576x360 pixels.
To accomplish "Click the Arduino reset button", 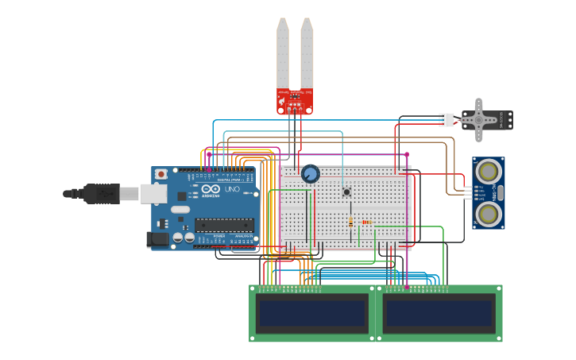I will (x=161, y=173).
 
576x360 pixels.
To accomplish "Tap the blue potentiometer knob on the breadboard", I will (x=310, y=173).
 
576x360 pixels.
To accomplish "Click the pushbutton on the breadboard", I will (x=346, y=192).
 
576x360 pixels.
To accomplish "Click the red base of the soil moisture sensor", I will (x=294, y=102).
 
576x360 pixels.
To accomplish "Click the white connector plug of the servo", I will (x=447, y=120).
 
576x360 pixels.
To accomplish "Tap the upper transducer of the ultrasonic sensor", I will (x=488, y=169).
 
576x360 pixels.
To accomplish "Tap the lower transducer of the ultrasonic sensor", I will (x=488, y=212).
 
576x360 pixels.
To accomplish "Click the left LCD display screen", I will (x=311, y=313).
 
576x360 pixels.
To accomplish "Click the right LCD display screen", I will (x=439, y=313).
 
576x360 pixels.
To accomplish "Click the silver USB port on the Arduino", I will (x=153, y=193).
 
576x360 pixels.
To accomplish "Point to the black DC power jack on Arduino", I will (x=157, y=238).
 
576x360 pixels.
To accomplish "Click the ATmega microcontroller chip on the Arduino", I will (x=224, y=225).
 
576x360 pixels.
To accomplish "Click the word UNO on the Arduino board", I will (x=232, y=190).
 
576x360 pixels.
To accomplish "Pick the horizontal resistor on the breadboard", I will (x=366, y=223).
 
